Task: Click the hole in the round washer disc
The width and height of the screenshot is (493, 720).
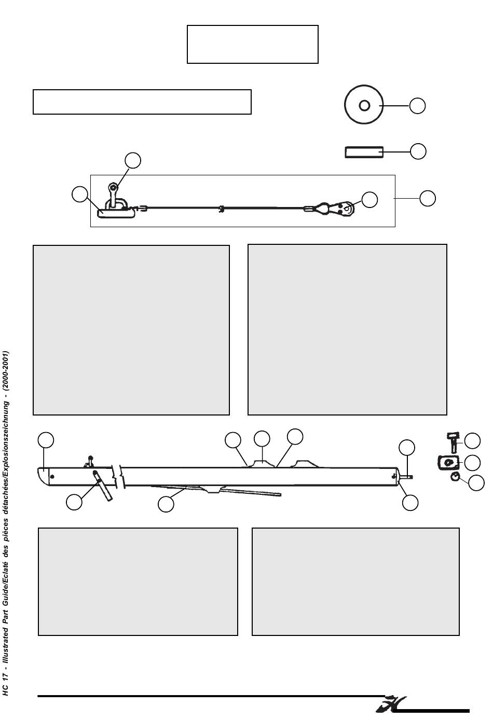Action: point(364,105)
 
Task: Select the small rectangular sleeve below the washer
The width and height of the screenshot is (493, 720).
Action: point(364,152)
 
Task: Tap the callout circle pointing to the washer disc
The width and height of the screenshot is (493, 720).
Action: point(417,106)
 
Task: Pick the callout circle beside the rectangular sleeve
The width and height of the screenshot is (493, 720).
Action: point(418,151)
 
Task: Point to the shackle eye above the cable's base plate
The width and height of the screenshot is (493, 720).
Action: point(113,187)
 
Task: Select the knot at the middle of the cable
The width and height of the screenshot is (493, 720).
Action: point(221,210)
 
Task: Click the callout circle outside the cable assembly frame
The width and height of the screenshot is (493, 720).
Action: point(428,198)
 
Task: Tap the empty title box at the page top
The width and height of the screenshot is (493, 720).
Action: point(252,44)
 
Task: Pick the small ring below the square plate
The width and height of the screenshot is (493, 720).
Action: point(455,477)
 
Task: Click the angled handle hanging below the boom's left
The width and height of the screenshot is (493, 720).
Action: point(103,486)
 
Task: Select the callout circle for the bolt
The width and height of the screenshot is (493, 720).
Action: point(472,441)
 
